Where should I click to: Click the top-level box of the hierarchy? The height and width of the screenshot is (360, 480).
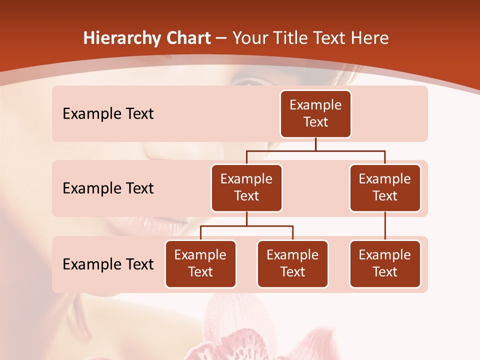pyautogui.click(x=315, y=114)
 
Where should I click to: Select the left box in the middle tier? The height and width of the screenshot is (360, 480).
pyautogui.click(x=246, y=188)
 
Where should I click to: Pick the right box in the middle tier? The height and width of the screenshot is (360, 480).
pyautogui.click(x=385, y=188)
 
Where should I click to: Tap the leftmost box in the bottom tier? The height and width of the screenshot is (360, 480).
pyautogui.click(x=200, y=264)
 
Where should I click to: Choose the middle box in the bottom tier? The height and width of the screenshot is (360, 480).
pyautogui.click(x=292, y=264)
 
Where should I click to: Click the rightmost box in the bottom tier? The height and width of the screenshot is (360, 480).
pyautogui.click(x=385, y=264)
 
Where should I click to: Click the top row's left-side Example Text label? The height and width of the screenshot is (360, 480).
pyautogui.click(x=108, y=114)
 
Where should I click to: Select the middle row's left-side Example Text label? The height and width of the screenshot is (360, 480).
pyautogui.click(x=108, y=188)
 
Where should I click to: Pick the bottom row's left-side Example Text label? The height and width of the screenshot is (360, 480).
pyautogui.click(x=108, y=264)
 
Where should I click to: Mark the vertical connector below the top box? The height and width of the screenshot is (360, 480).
pyautogui.click(x=315, y=144)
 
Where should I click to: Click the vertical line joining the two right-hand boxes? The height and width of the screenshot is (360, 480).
pyautogui.click(x=385, y=226)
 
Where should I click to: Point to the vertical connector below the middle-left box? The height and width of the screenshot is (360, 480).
pyautogui.click(x=246, y=218)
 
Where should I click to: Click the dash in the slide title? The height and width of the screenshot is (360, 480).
pyautogui.click(x=221, y=38)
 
